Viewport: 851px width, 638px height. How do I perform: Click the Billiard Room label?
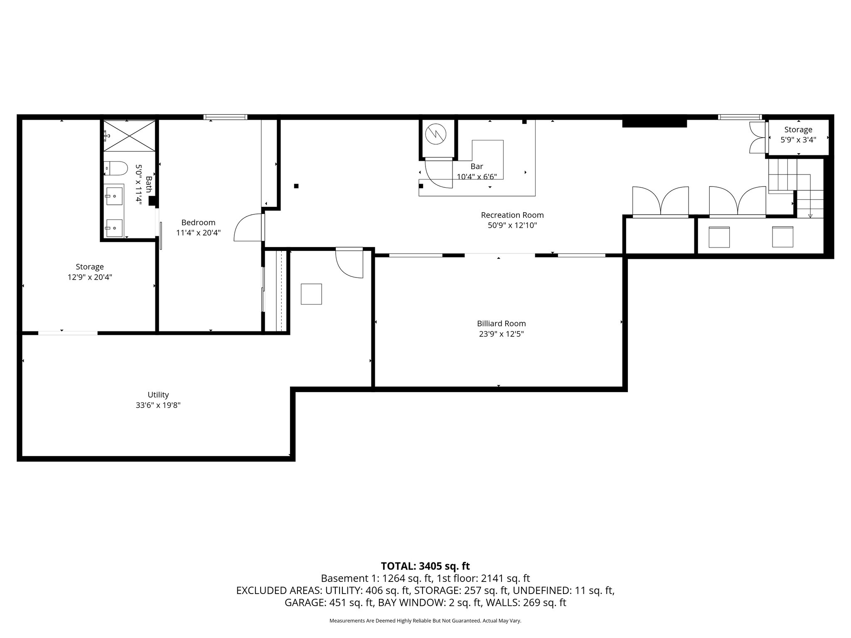click(x=501, y=324)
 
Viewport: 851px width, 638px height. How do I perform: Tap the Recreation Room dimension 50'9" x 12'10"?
click(x=512, y=226)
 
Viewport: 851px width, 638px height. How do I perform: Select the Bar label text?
click(x=477, y=167)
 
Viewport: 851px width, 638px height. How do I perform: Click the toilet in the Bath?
click(x=116, y=168)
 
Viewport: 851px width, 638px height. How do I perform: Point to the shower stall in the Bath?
click(x=129, y=135)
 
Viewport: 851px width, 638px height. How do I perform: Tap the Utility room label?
click(x=158, y=395)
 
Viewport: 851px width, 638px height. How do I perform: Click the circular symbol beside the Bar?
click(x=435, y=134)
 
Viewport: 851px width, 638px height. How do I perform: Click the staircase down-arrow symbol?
click(x=810, y=215)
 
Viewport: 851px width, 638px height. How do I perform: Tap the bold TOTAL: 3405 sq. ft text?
click(x=425, y=566)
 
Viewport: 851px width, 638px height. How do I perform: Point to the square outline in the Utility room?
click(x=311, y=294)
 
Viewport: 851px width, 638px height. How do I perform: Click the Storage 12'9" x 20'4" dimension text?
click(x=90, y=277)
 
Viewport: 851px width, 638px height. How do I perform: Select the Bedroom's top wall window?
click(x=225, y=117)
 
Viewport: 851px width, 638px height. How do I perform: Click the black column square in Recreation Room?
click(x=296, y=186)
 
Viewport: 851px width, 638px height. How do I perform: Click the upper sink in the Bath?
click(x=114, y=196)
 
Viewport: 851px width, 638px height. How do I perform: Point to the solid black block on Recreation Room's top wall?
click(x=654, y=123)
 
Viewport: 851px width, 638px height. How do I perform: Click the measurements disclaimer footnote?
click(x=425, y=621)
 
